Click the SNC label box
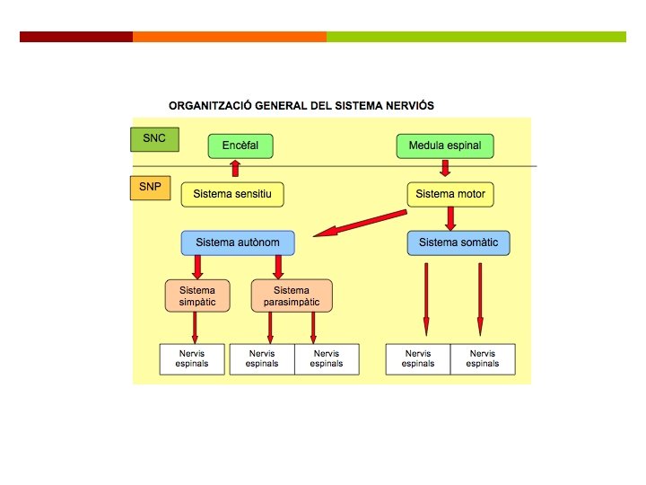tap(154, 139)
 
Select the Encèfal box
tap(240, 145)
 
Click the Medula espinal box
tap(445, 145)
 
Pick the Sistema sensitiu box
tap(232, 194)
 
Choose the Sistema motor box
tap(451, 194)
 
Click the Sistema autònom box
tap(237, 242)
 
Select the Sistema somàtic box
tap(458, 242)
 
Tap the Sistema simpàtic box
tap(197, 295)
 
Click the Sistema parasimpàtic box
tap(292, 295)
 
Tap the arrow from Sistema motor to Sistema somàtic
tap(451, 217)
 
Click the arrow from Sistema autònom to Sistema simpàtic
tap(197, 267)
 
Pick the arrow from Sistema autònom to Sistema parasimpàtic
tap(278, 267)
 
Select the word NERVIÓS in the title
tap(407, 106)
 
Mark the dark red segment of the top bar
tap(76, 37)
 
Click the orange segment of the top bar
tap(229, 37)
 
